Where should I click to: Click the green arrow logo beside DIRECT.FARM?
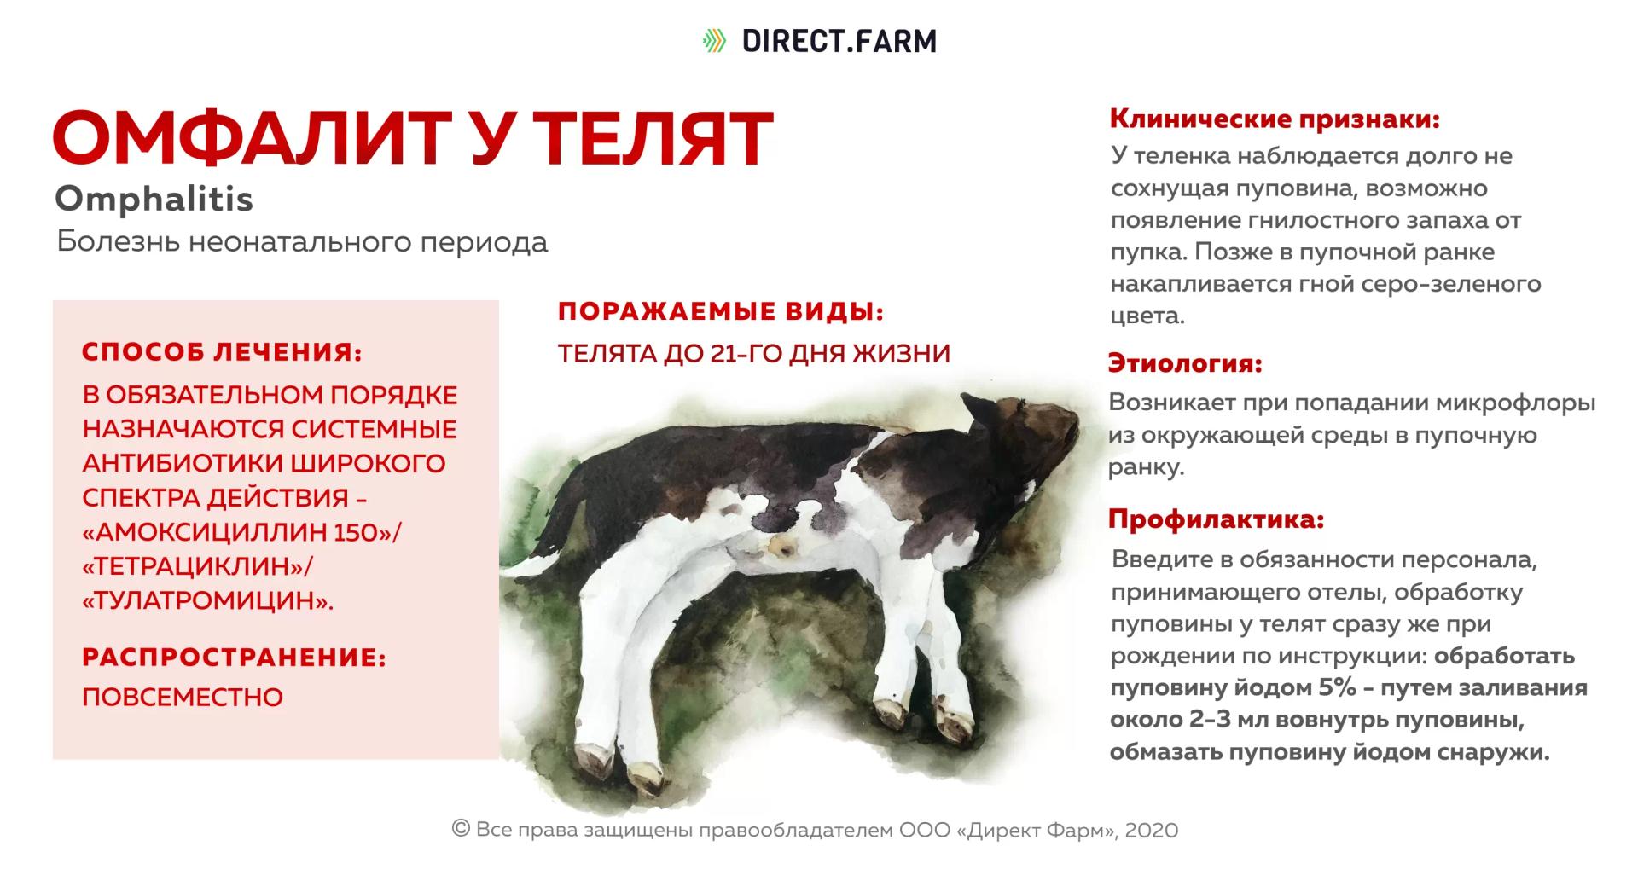[714, 41]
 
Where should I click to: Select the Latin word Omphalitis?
[154, 200]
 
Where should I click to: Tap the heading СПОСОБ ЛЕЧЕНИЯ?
[222, 352]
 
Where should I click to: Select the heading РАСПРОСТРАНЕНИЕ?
[234, 658]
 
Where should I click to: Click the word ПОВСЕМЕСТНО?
[183, 697]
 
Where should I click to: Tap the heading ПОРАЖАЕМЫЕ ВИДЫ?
[721, 312]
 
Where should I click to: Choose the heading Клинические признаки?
[1275, 119]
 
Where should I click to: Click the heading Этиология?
[1185, 363]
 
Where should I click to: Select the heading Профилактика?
[1216, 519]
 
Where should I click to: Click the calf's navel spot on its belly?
[778, 545]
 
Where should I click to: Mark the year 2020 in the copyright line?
[1152, 830]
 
